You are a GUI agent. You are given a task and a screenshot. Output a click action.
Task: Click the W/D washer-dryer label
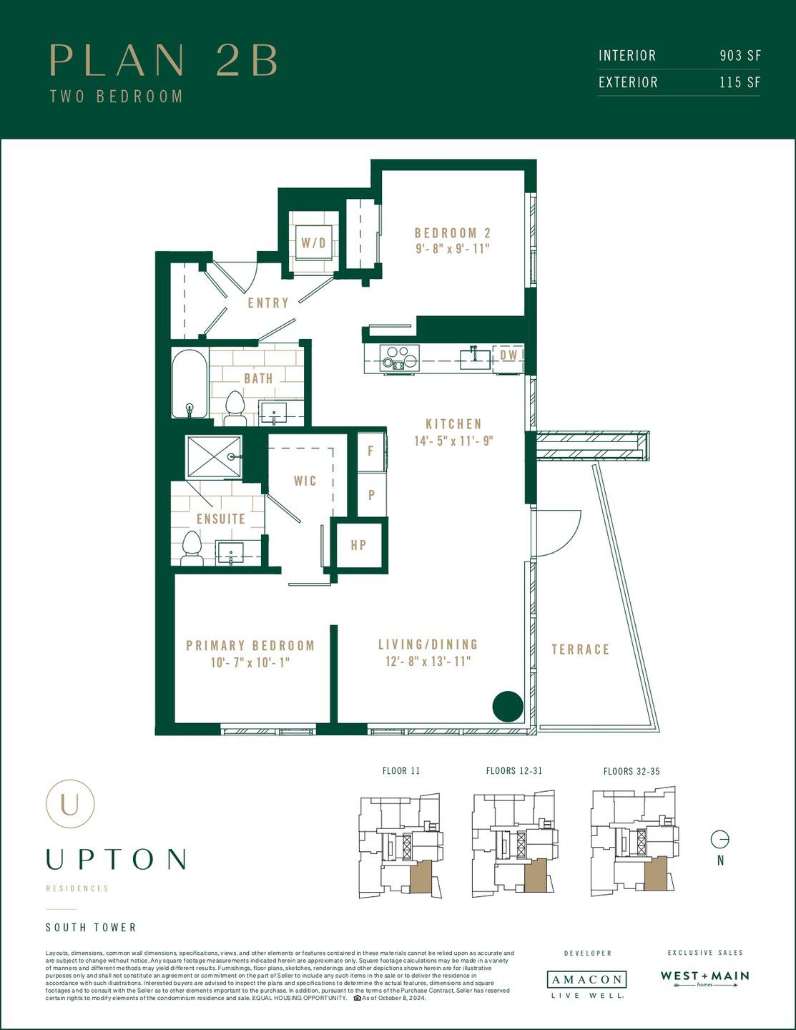point(313,243)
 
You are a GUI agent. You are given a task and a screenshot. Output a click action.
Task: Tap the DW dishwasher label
point(508,355)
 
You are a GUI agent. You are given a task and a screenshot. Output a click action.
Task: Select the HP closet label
point(358,546)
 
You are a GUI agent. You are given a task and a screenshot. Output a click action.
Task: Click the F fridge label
point(370,451)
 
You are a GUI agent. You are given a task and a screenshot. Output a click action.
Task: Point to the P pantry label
point(371,495)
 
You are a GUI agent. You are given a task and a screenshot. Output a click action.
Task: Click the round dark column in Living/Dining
point(508,707)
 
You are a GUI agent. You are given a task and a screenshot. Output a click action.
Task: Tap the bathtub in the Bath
point(190,383)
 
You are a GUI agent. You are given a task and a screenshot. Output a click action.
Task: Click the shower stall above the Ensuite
point(214,456)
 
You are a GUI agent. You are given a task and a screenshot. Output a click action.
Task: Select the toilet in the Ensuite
point(191,547)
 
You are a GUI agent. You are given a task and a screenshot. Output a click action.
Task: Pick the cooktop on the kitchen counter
point(399,357)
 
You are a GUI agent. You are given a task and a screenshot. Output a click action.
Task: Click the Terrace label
point(580,649)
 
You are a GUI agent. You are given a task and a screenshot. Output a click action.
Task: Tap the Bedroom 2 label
point(453,233)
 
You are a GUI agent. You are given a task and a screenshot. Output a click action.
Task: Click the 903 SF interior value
point(740,56)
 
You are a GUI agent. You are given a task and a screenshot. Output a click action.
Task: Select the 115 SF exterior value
point(740,82)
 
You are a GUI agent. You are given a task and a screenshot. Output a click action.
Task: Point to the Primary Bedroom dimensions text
point(250,663)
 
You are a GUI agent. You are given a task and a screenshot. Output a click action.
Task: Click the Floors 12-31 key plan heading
point(514,771)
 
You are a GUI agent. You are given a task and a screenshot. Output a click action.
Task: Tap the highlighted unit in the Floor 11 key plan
point(420,876)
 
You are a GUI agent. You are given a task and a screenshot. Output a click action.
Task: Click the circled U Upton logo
point(70,804)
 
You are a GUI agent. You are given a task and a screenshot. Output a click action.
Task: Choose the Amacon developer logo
point(586,980)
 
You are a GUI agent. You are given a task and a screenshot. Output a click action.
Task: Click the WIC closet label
point(305,481)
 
